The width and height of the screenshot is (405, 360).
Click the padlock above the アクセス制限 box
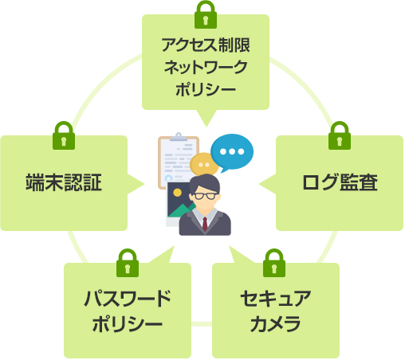206,14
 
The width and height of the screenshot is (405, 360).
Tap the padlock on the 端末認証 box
64,135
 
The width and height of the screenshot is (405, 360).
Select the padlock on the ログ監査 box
340,135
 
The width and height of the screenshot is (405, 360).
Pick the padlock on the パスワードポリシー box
128,263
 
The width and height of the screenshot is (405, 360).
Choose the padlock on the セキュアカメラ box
274,263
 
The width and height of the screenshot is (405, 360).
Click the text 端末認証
64,182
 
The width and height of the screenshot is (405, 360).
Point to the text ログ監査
340,182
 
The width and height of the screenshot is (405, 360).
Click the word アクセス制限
206,45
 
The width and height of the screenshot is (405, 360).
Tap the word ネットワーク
206,67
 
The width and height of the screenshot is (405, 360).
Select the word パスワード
128,299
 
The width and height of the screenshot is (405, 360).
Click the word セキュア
276,299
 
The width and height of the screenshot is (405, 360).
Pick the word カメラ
276,323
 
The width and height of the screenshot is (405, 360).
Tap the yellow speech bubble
204,165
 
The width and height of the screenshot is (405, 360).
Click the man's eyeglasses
205,196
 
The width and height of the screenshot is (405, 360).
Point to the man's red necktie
205,224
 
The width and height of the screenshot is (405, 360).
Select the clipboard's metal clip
179,137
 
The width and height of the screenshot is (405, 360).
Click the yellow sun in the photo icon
177,193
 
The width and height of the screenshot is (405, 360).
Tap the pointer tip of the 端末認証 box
144,184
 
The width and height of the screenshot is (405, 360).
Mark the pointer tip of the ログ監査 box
259,184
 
